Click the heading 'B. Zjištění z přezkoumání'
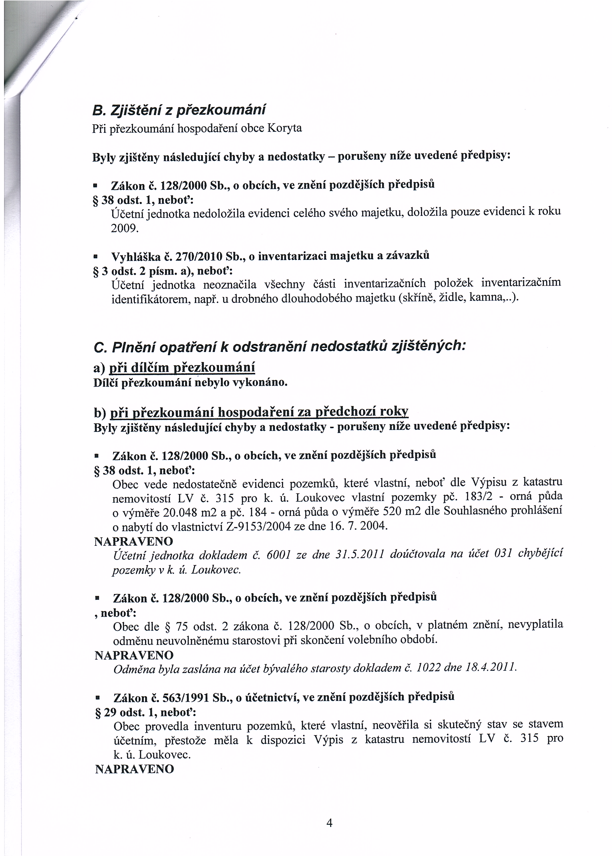point(179,110)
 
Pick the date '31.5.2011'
point(359,554)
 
